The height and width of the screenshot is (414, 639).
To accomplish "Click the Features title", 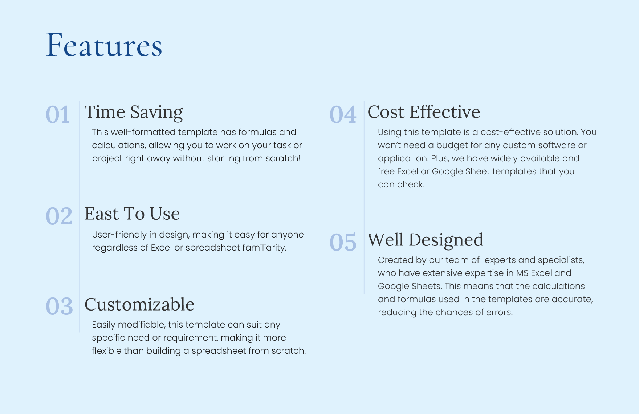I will [104, 46].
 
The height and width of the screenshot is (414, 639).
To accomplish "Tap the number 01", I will [57, 115].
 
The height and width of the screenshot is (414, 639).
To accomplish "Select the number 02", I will [59, 216].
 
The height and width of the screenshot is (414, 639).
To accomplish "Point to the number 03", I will [59, 307].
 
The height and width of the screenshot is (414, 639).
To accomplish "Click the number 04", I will [343, 115].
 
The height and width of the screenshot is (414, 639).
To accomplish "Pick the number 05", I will [343, 243].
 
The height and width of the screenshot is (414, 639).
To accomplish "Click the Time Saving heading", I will [134, 112].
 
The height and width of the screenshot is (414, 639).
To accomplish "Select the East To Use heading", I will [132, 214].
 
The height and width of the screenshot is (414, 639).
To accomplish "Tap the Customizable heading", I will [139, 304].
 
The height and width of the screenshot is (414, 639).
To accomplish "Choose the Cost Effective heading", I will [424, 112].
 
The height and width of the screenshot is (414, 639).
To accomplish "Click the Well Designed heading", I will [425, 240].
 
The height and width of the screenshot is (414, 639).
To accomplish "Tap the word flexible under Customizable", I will [106, 351].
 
